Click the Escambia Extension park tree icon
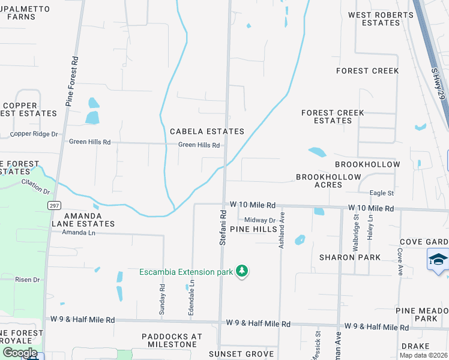(x=242, y=271)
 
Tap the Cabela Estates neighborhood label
(x=207, y=131)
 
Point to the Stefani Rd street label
(x=223, y=227)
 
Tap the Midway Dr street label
(x=259, y=221)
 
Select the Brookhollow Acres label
(x=328, y=181)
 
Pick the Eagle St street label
(x=381, y=193)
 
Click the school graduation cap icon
(x=438, y=260)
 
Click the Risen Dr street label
(x=27, y=280)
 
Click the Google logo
(x=19, y=353)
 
